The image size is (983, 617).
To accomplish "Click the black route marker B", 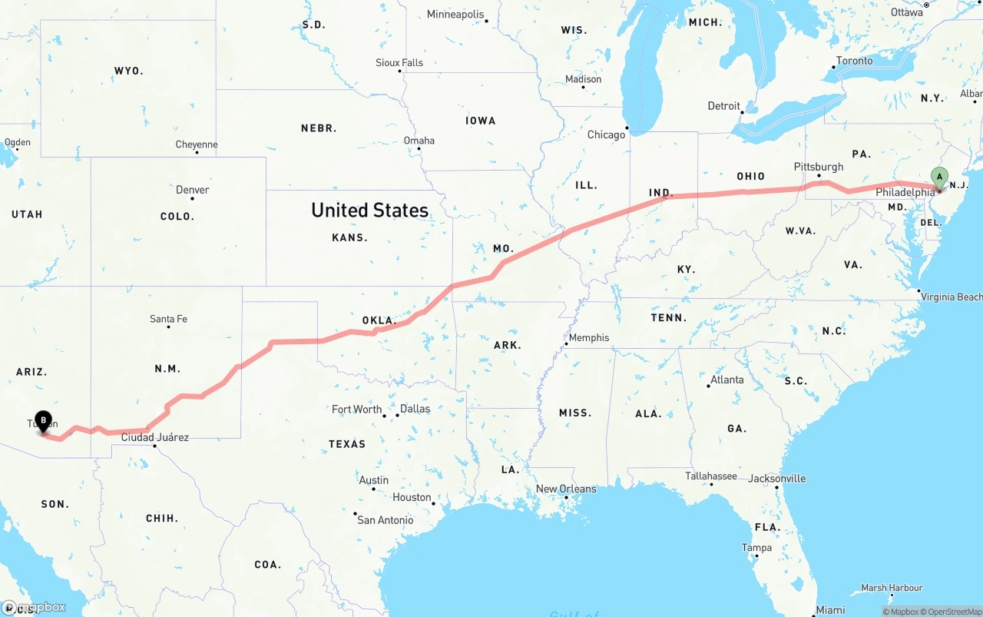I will [44, 420].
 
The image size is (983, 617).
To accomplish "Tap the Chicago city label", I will [606, 134].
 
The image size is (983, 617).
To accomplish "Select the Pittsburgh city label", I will [819, 167].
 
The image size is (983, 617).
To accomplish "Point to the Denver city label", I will [192, 190].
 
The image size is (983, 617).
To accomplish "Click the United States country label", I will [369, 210].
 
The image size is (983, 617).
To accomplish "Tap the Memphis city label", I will [589, 337].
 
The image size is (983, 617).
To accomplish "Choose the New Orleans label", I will [566, 489].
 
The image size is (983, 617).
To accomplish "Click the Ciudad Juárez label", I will [154, 437].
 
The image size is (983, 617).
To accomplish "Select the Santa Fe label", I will [168, 319].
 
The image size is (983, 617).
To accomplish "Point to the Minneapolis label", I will [455, 15].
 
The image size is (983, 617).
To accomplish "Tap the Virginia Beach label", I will [951, 297].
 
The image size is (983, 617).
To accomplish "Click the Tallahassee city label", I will [711, 476].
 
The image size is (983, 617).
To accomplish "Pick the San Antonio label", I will [386, 520].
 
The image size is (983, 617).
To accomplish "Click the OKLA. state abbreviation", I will [378, 320].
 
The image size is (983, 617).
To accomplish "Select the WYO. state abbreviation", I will [128, 71].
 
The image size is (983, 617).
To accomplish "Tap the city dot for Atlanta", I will [708, 386].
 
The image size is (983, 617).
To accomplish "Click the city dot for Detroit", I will [743, 113].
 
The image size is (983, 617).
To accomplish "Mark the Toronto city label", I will [854, 61].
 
